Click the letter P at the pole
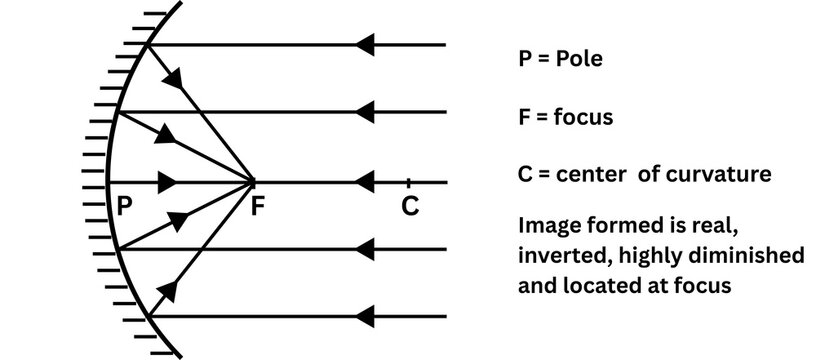125,207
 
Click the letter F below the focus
257,207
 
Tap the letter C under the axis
409,207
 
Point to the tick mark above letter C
409,182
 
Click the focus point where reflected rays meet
254,183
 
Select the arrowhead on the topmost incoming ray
364,45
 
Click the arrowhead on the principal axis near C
364,183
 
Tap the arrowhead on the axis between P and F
169,183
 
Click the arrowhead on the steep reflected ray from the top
178,78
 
